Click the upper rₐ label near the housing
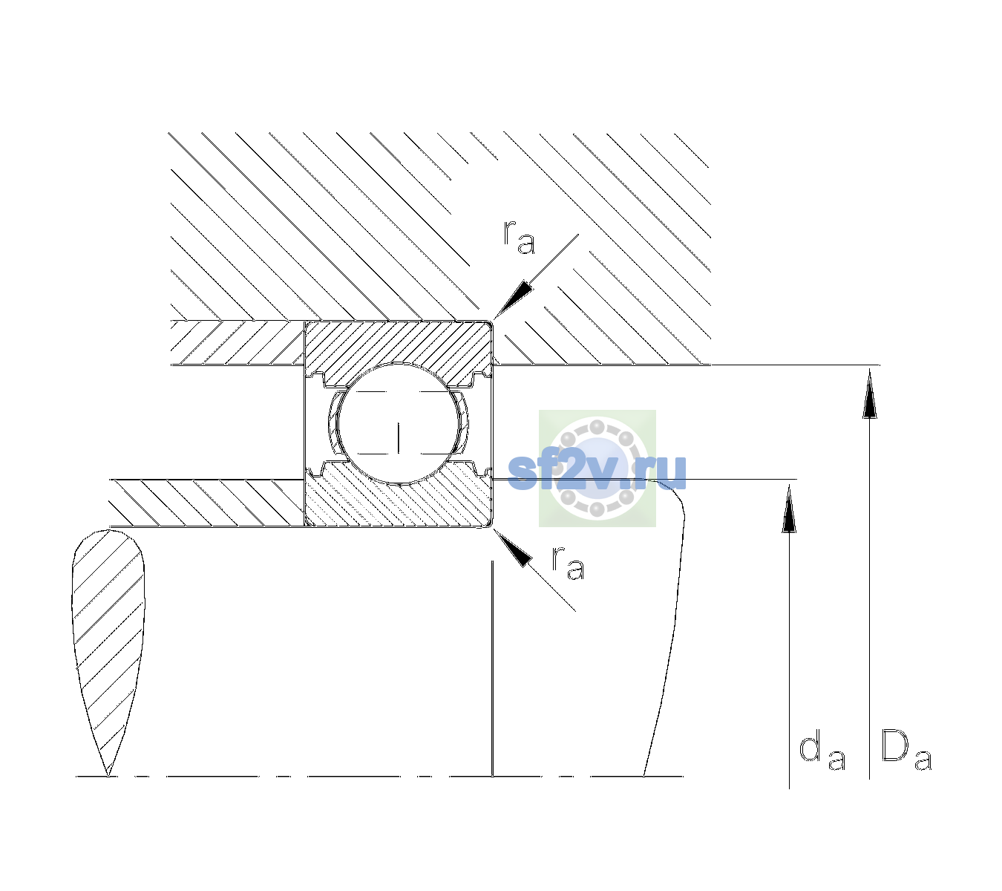(x=520, y=237)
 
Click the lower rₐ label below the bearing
(x=569, y=563)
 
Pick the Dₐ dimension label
(x=906, y=749)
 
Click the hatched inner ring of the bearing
(x=398, y=500)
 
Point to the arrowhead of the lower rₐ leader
(x=512, y=547)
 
